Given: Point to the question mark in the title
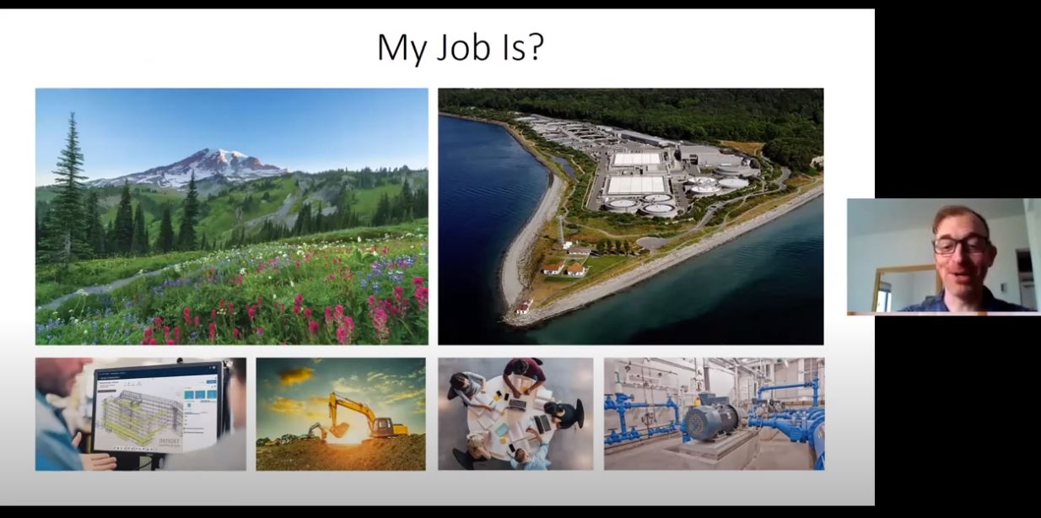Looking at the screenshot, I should [x=534, y=47].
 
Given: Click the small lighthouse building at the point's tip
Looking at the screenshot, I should [x=524, y=307].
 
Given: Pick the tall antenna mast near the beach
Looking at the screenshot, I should [x=561, y=229].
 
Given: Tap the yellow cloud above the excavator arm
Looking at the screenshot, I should [x=296, y=375].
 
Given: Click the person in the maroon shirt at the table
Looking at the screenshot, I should [x=524, y=371].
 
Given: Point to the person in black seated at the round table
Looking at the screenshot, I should [x=564, y=414].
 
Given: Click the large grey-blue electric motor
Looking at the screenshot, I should [x=709, y=418].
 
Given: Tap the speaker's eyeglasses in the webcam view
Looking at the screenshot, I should [x=961, y=245].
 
